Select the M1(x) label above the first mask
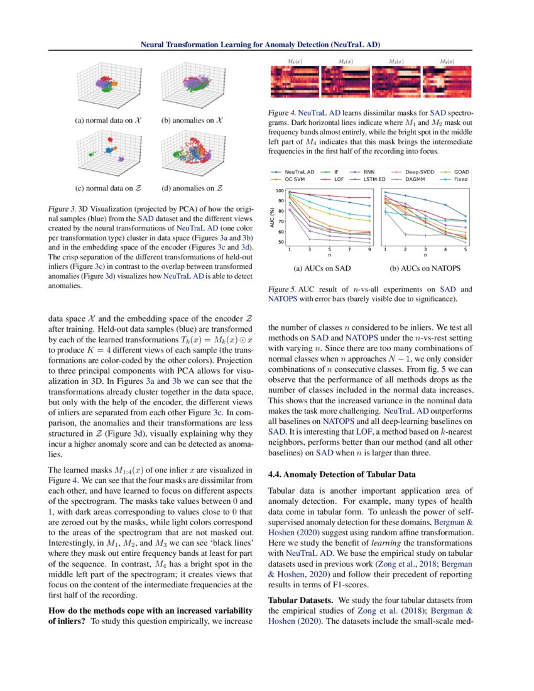(x=295, y=62)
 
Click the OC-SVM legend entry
(x=295, y=179)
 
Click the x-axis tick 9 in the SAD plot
(x=369, y=250)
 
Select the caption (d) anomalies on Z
(x=192, y=188)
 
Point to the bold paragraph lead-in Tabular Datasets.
(x=298, y=599)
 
